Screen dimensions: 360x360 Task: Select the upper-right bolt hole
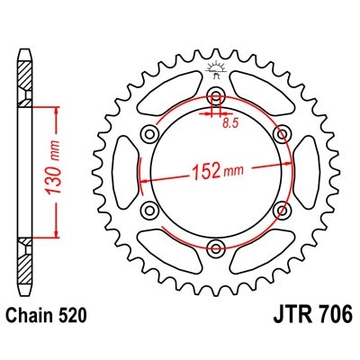[x=282, y=134]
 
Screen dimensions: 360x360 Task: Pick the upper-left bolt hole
[x=150, y=134]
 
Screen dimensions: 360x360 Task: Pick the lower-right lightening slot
[x=261, y=249]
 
